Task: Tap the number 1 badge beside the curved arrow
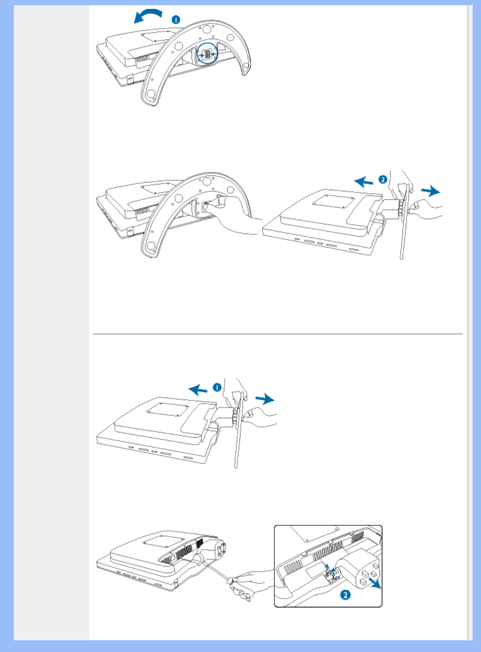[x=176, y=20]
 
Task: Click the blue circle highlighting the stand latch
[x=207, y=54]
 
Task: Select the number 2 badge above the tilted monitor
[x=382, y=180]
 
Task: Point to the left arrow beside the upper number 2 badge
[x=363, y=182]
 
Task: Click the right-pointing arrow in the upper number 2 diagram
[x=431, y=191]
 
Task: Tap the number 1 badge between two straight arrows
[x=217, y=388]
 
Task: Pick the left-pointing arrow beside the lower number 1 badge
[x=198, y=390]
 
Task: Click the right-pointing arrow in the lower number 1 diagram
[x=265, y=399]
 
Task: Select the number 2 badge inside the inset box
[x=345, y=595]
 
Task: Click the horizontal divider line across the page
[x=278, y=334]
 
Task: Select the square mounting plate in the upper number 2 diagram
[x=333, y=201]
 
